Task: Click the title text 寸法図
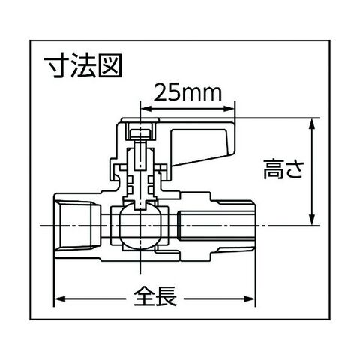[x=82, y=65]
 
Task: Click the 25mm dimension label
[x=187, y=92]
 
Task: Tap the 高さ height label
[x=283, y=169]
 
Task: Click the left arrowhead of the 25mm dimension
[x=146, y=109]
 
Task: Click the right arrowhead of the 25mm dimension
[x=229, y=109]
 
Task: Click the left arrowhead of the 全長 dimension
[x=60, y=298]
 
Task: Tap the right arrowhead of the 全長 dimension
[x=250, y=298]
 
